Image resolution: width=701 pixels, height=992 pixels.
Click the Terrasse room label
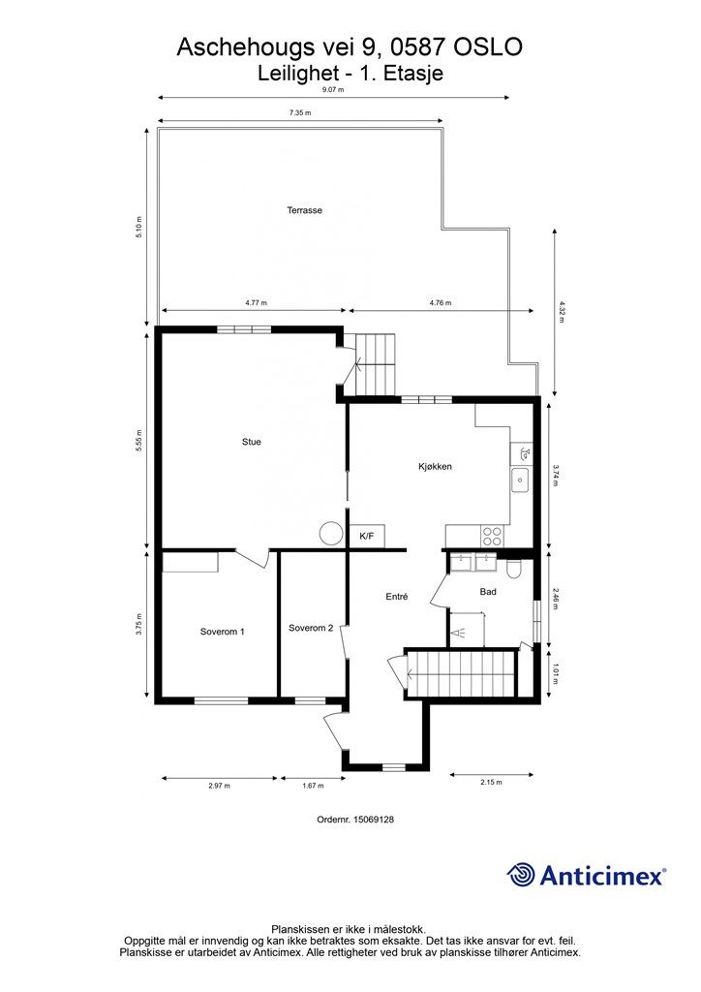coord(304,210)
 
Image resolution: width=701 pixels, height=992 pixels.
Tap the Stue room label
coord(252,442)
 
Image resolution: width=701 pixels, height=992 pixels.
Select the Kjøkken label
coord(435,466)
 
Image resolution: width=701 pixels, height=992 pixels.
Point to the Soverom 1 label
coord(222,631)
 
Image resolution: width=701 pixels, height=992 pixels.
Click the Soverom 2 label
coord(311,628)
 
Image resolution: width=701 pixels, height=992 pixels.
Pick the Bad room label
coord(488,591)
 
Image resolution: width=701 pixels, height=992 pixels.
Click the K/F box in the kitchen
coord(366,536)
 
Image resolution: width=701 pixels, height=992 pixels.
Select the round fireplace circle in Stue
coord(331,534)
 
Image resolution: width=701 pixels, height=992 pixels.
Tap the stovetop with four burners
coord(492,532)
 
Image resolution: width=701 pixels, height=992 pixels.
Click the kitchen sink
coord(520,479)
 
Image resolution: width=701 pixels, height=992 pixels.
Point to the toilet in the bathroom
coord(513,569)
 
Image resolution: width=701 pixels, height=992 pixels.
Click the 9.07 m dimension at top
coord(333,89)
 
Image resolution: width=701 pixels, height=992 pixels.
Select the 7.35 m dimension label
coord(300,113)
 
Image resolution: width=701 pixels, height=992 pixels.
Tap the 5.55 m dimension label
coord(139,440)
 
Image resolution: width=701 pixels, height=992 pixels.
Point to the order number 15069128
coord(355,819)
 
